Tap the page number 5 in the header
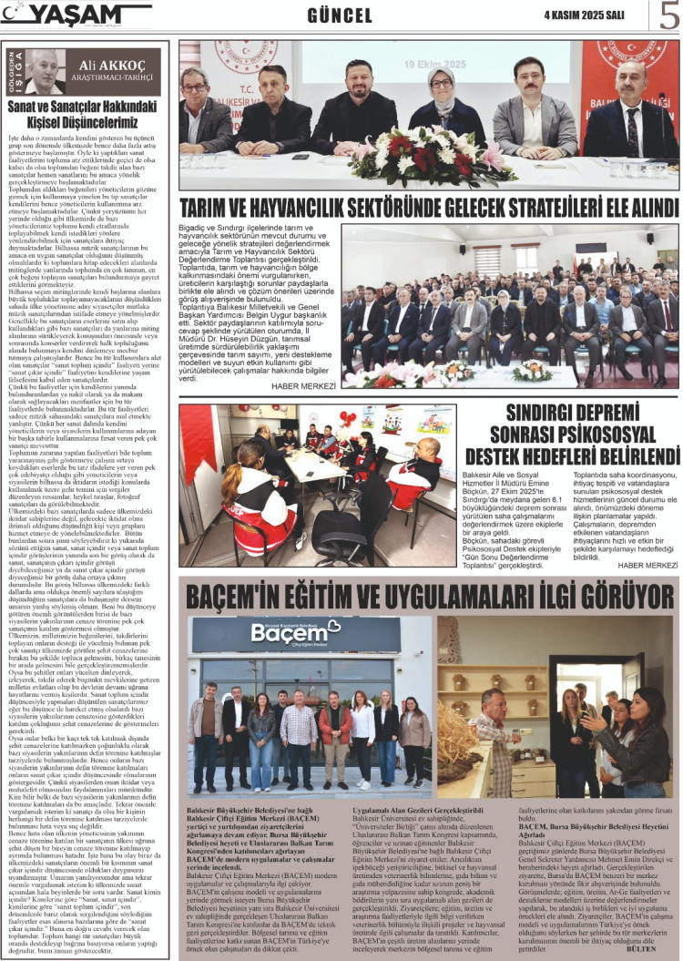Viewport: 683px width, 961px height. (x=668, y=15)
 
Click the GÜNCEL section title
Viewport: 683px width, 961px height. (x=340, y=15)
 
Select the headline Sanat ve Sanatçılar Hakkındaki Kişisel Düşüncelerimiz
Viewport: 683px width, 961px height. (x=86, y=115)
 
